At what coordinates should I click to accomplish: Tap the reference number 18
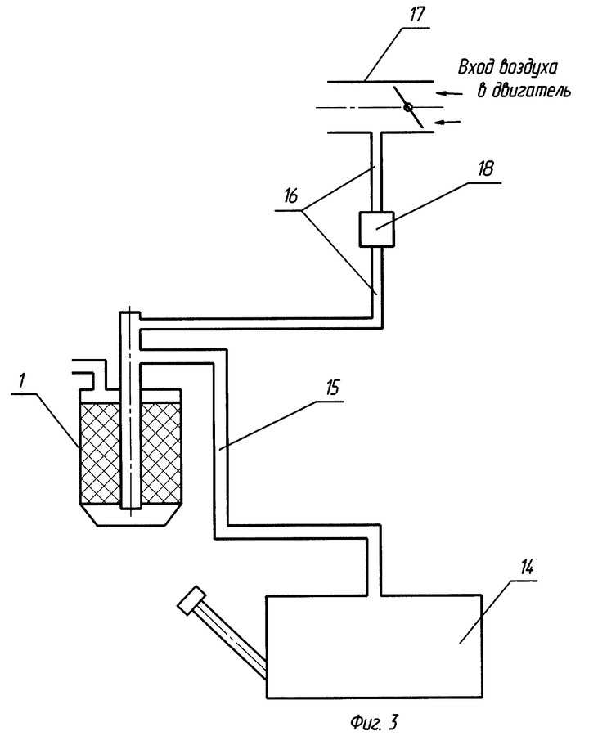[486, 168]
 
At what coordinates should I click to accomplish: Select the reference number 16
[290, 196]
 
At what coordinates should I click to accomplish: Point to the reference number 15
[332, 388]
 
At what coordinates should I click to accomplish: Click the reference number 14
[527, 568]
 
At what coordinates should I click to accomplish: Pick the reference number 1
[20, 380]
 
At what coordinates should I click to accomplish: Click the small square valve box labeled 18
[376, 229]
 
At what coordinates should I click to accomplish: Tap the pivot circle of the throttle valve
[407, 107]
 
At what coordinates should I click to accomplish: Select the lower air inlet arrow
[447, 123]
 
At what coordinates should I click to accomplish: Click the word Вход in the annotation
[474, 67]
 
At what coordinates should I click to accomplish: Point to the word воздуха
[528, 68]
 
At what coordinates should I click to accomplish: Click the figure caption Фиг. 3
[374, 721]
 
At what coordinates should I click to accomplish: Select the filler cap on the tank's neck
[191, 599]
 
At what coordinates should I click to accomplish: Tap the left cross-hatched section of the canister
[101, 453]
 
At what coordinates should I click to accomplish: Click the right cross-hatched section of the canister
[161, 453]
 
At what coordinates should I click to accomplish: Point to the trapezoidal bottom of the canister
[131, 515]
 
